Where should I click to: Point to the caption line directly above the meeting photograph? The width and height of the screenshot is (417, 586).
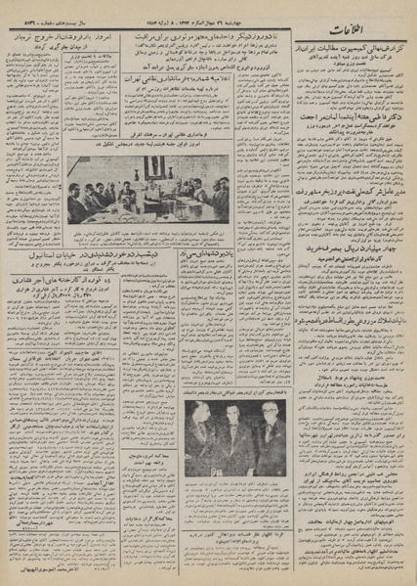point(146,147)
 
